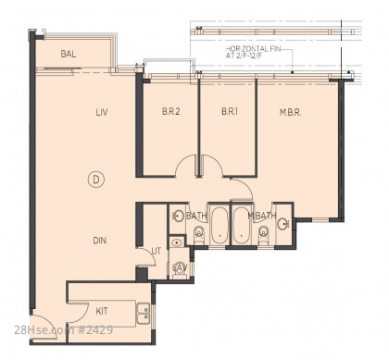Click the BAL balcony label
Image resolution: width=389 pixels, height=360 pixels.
point(69,54)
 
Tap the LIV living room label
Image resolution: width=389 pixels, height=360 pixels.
point(102,112)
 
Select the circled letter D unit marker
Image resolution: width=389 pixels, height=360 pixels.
point(96,180)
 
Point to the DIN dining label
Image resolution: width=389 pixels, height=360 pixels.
point(100,241)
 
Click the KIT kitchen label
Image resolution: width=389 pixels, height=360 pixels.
point(102,311)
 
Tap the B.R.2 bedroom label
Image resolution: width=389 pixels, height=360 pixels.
point(171,111)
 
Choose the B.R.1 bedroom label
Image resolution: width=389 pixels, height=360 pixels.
point(230,111)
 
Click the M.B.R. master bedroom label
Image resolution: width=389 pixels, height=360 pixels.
point(291,112)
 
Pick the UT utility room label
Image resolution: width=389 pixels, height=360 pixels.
point(157,251)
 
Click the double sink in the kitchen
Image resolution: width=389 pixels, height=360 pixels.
point(144,314)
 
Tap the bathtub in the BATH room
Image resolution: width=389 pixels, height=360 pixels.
point(220,225)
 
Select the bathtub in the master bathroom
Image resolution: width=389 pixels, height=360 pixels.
point(242,225)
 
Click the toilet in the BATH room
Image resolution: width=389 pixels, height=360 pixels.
point(198,234)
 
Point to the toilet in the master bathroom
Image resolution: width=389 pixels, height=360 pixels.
point(264,234)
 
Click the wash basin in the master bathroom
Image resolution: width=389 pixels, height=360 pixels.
point(282,224)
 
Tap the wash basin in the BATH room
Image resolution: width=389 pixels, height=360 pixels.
point(178,216)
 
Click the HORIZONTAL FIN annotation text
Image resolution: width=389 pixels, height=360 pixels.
point(253,53)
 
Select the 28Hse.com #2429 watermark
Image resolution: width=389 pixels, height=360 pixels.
point(64,330)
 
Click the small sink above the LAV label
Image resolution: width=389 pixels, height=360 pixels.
point(176,242)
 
